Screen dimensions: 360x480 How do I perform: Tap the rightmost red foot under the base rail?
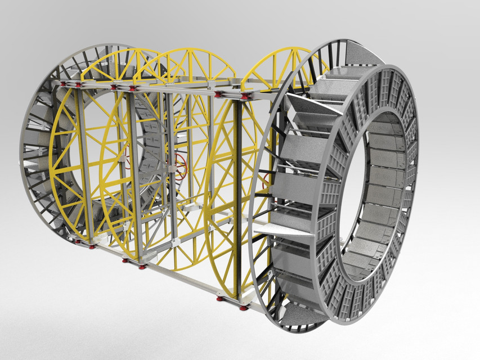tap(244, 307)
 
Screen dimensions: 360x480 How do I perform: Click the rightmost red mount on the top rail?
tap(244, 97)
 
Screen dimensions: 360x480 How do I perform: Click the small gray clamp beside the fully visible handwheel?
tap(171, 168)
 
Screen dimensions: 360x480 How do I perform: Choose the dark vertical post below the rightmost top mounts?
tap(239, 197)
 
